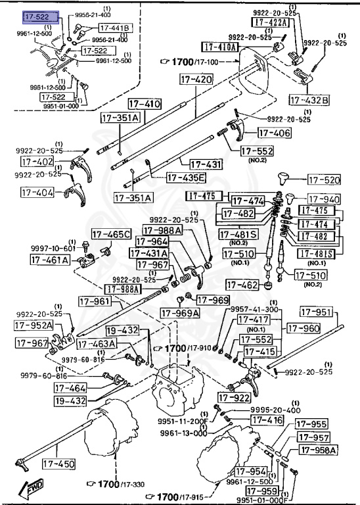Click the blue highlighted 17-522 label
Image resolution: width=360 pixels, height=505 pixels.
[x=40, y=16]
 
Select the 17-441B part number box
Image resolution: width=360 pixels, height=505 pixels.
[x=115, y=28]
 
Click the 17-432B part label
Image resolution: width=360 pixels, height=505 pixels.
[x=309, y=100]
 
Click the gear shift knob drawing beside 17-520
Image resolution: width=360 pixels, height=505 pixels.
[x=286, y=180]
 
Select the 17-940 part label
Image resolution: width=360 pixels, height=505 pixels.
[x=323, y=199]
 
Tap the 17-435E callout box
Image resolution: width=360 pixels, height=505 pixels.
[x=186, y=178]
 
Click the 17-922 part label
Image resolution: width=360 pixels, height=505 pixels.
[x=235, y=397]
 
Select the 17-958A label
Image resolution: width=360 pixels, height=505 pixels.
[x=318, y=450]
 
